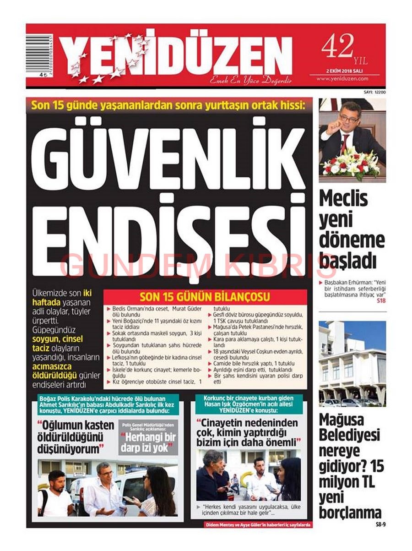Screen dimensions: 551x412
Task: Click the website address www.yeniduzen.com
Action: pyautogui.click(x=349, y=79)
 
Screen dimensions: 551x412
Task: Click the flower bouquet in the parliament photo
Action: pyautogui.click(x=352, y=164)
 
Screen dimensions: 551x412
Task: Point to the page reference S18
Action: pyautogui.click(x=381, y=301)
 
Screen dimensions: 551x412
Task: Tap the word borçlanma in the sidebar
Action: pyautogui.click(x=350, y=512)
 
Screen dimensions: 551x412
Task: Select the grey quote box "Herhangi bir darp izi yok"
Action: pyautogui.click(x=148, y=439)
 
